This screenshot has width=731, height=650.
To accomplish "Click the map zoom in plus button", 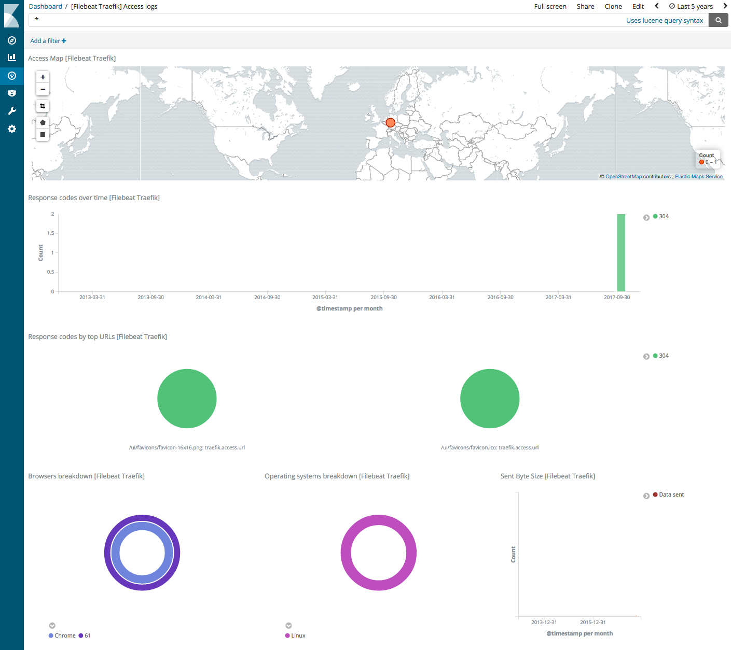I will pos(43,77).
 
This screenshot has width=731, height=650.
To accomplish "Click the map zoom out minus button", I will pos(43,90).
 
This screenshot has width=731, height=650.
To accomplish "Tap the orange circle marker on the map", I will pos(391,123).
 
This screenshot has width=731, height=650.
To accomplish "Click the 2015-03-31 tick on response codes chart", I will pos(325,298).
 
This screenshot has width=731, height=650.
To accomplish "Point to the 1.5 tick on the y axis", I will pos(51,233).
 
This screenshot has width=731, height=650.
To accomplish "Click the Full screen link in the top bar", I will pos(550,7).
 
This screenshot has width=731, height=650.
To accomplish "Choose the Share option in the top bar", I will pos(585,7).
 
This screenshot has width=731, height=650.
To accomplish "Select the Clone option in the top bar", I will pos(613,7).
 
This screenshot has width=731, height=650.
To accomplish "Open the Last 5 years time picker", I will pos(691,7).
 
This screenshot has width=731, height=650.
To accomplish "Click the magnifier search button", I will pos(719,20).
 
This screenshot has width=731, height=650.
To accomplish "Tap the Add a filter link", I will pos(48,41).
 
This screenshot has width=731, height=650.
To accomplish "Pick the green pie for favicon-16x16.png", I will pos(187,399).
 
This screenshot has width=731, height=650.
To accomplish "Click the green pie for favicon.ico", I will pos(490,399).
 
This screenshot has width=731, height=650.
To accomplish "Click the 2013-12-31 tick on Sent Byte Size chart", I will pos(544,623).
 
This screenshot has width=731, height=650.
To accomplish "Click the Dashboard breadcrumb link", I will pos(46,7).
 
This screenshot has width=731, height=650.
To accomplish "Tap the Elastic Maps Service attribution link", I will pos(698,177).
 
